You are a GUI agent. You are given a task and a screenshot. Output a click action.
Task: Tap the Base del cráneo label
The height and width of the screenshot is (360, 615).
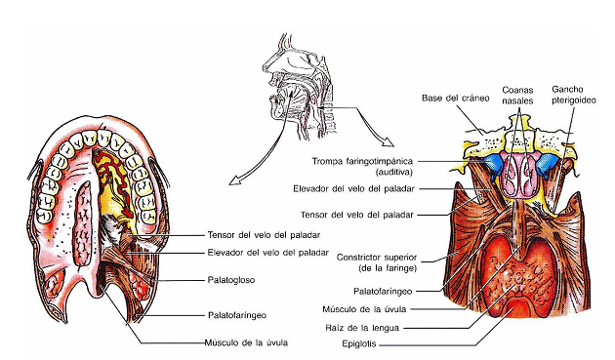pos(447,97)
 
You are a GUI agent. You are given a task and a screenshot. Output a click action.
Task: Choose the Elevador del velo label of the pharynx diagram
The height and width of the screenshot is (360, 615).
pos(376,188)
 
